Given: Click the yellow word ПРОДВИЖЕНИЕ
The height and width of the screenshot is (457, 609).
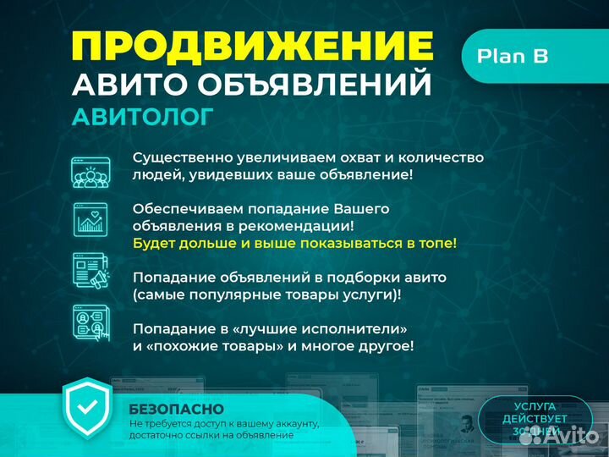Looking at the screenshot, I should [x=253, y=46].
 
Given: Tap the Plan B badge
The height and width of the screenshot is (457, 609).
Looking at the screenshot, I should [x=513, y=56].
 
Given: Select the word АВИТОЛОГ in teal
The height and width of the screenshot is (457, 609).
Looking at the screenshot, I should [x=142, y=117].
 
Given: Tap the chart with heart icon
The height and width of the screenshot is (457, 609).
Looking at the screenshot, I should [x=90, y=219].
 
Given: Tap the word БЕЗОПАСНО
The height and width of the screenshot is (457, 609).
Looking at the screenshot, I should [x=167, y=408].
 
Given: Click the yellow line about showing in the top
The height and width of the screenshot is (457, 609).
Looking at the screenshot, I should [x=294, y=243].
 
